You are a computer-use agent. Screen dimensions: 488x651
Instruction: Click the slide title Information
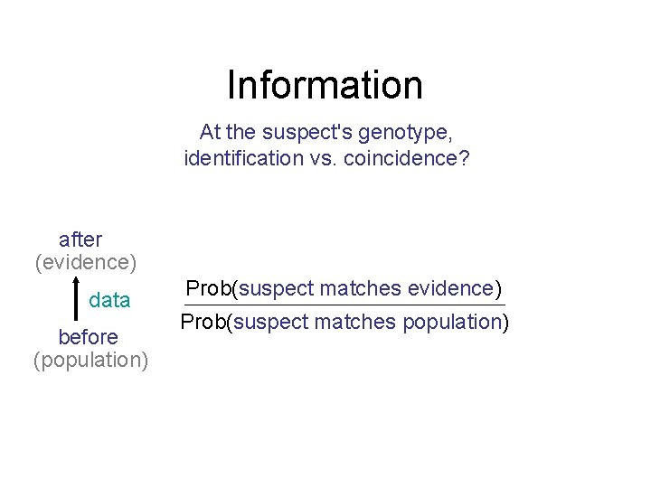pyautogui.click(x=325, y=85)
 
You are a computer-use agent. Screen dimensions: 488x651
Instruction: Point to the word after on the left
pyautogui.click(x=80, y=239)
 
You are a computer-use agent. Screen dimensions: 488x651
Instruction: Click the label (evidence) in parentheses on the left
pyautogui.click(x=86, y=263)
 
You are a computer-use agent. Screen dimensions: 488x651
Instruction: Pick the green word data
pyautogui.click(x=109, y=300)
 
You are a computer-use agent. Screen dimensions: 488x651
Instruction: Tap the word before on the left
pyautogui.click(x=88, y=337)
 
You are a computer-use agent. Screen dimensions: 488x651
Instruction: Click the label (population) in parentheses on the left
pyautogui.click(x=90, y=361)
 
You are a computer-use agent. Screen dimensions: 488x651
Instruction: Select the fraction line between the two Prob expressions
pyautogui.click(x=344, y=305)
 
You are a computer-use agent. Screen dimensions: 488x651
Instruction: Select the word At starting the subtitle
pyautogui.click(x=210, y=133)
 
